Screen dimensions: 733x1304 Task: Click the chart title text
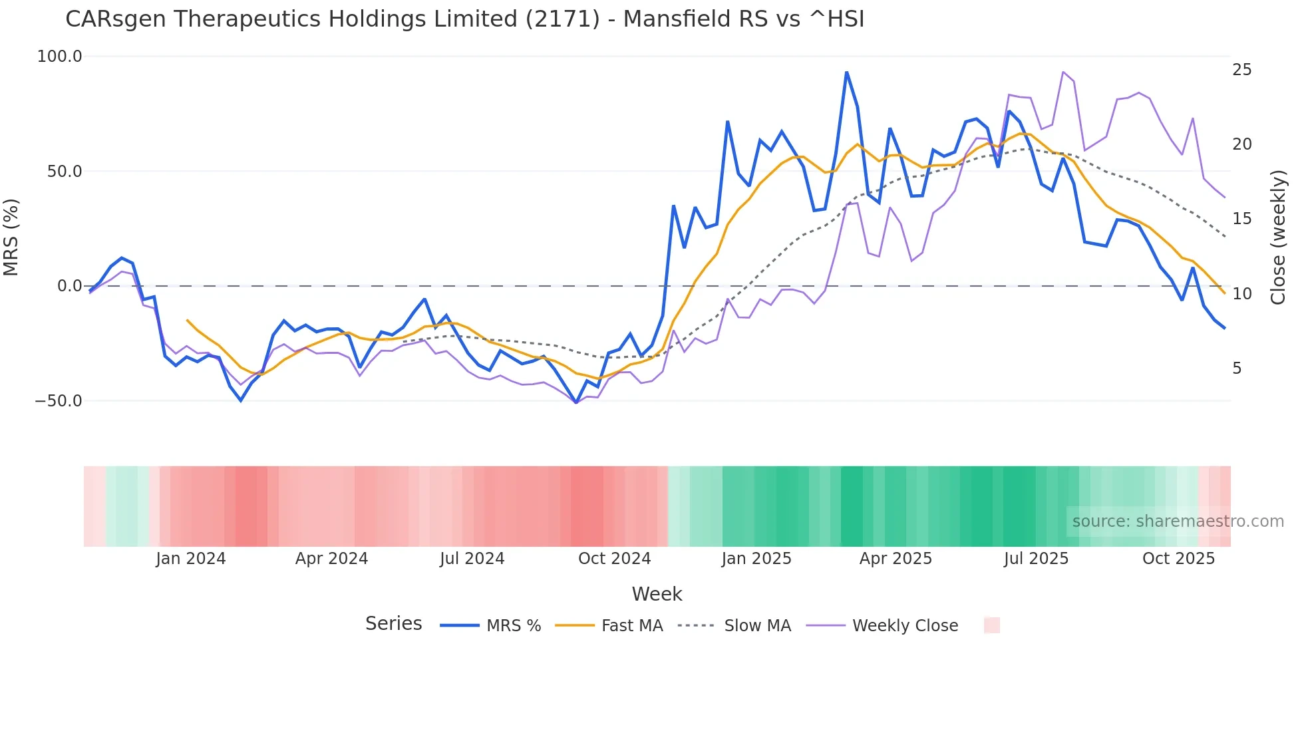pyautogui.click(x=464, y=19)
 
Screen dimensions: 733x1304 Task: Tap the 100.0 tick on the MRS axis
pyautogui.click(x=60, y=57)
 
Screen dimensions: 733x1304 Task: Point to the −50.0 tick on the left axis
pyautogui.click(x=59, y=401)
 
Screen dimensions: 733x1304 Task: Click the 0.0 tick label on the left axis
pyautogui.click(x=69, y=286)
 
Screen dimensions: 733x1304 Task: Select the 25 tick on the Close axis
pyautogui.click(x=1241, y=70)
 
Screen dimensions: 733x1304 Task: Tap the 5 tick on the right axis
pyautogui.click(x=1237, y=368)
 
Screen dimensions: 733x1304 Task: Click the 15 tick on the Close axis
pyautogui.click(x=1241, y=219)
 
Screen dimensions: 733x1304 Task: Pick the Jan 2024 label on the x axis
pyautogui.click(x=191, y=559)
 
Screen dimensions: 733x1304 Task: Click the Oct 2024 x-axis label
pyautogui.click(x=614, y=559)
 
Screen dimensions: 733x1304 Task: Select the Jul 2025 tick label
pyautogui.click(x=1036, y=559)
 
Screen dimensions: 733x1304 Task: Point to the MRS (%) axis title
pyautogui.click(x=11, y=237)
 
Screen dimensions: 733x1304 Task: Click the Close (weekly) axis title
pyautogui.click(x=1278, y=237)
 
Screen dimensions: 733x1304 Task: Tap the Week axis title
pyautogui.click(x=657, y=594)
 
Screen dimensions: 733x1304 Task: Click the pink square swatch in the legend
pyautogui.click(x=991, y=625)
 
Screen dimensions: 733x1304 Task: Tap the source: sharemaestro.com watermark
pyautogui.click(x=1178, y=521)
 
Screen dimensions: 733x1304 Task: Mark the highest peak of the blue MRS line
pyautogui.click(x=846, y=72)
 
